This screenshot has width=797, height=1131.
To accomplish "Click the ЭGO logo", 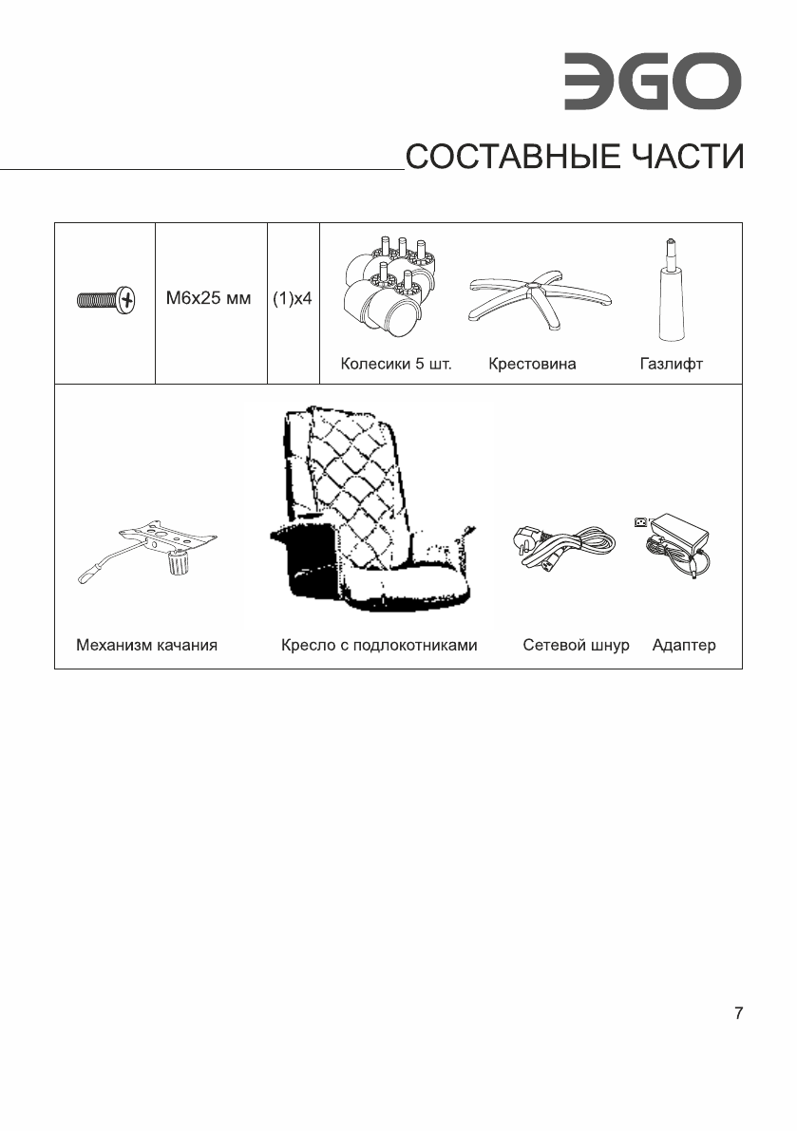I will coord(651,83).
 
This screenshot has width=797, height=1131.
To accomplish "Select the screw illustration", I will coord(105,301).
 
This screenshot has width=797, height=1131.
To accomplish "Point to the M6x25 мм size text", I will coord(209,299).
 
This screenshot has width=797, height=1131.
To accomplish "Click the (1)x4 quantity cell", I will coord(293,299).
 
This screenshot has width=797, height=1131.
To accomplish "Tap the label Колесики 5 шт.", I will coord(396,364).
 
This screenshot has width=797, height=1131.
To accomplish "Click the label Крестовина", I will coord(532,364).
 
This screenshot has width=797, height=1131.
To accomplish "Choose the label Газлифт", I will coord(671,364).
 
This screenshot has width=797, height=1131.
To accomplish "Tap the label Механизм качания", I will coord(147,646).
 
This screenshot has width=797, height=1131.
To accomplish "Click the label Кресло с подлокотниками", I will coord(378,646).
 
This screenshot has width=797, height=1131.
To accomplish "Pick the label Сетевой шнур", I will coord(576,646).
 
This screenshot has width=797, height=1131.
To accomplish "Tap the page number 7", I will coord(738,1013).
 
